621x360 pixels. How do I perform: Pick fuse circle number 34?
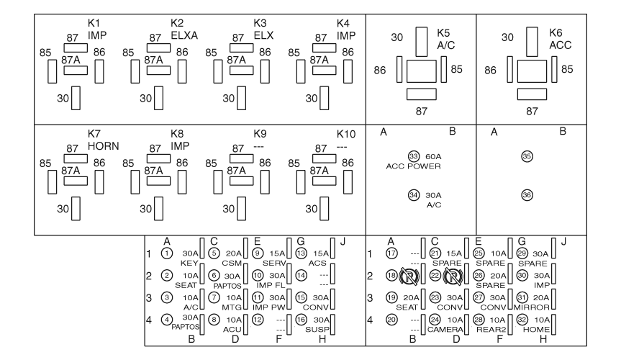(x=413, y=194)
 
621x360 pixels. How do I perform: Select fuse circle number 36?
(x=527, y=194)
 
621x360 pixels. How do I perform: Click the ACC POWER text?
(x=413, y=166)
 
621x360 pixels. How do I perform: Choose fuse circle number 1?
(x=167, y=253)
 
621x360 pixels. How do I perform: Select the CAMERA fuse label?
(x=443, y=329)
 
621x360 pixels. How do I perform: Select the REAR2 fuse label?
(x=489, y=329)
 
